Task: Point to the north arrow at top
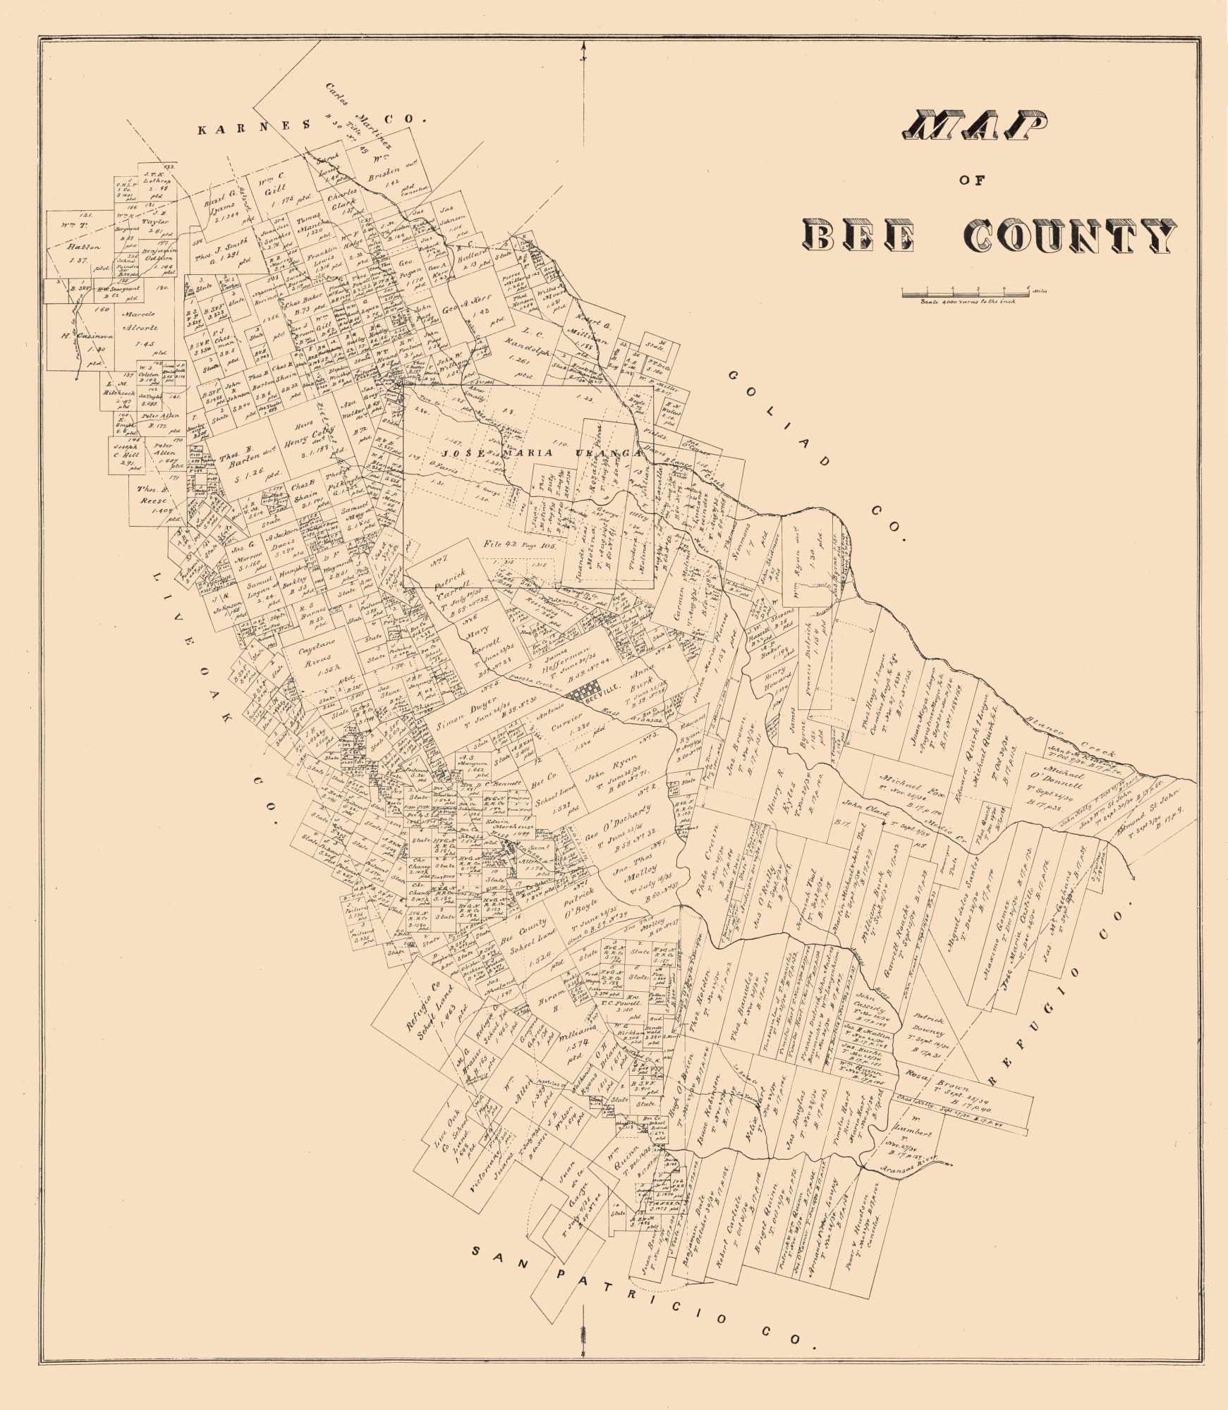tap(585, 53)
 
